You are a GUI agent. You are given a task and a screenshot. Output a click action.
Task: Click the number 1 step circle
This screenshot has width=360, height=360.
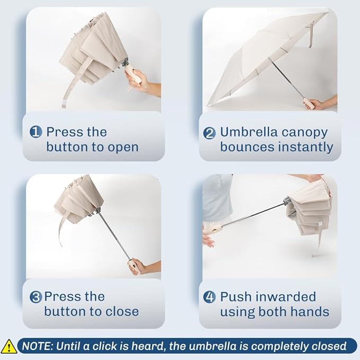[x=36, y=132]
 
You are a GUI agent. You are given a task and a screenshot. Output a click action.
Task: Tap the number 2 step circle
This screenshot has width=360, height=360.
[x=209, y=133]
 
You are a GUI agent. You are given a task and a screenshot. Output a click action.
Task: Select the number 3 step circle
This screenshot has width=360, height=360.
[x=36, y=296]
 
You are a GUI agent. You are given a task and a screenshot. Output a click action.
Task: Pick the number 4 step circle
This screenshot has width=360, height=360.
[x=209, y=296]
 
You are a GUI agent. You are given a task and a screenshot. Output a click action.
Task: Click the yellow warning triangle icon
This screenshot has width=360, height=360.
[x=8, y=347]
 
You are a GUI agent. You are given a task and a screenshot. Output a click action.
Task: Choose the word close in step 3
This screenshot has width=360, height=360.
[x=122, y=312]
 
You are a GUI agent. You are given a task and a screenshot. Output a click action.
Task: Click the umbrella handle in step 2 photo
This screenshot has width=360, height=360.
[x=307, y=103]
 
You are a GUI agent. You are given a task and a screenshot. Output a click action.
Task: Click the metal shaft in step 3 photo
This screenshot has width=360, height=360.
[x=115, y=237]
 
